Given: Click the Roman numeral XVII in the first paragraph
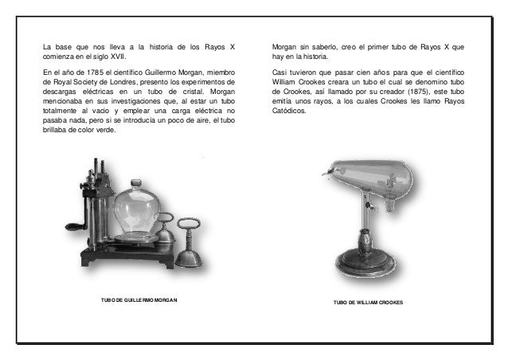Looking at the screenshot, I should click(116, 57).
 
